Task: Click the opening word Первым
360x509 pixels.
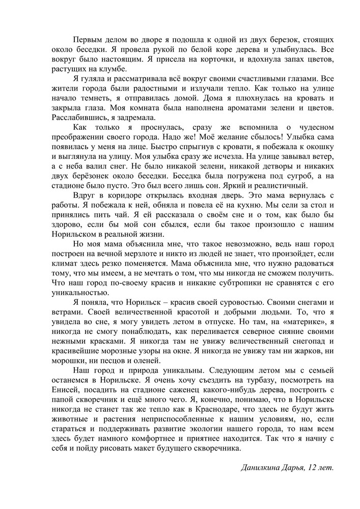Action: point(88,39)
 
